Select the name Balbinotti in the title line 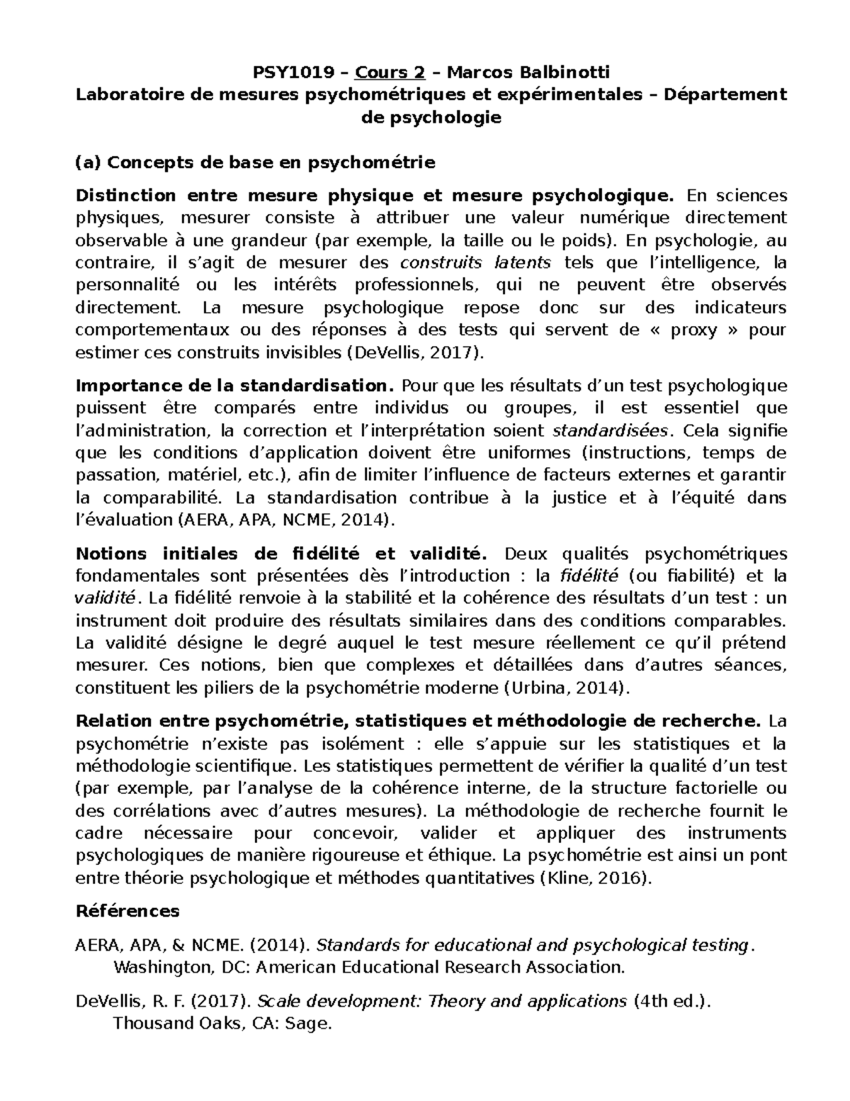click(x=567, y=72)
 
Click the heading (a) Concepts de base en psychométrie click(x=255, y=162)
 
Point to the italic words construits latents click(x=475, y=263)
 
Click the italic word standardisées click(x=609, y=431)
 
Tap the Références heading click(x=127, y=911)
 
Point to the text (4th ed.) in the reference click(x=669, y=1002)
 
